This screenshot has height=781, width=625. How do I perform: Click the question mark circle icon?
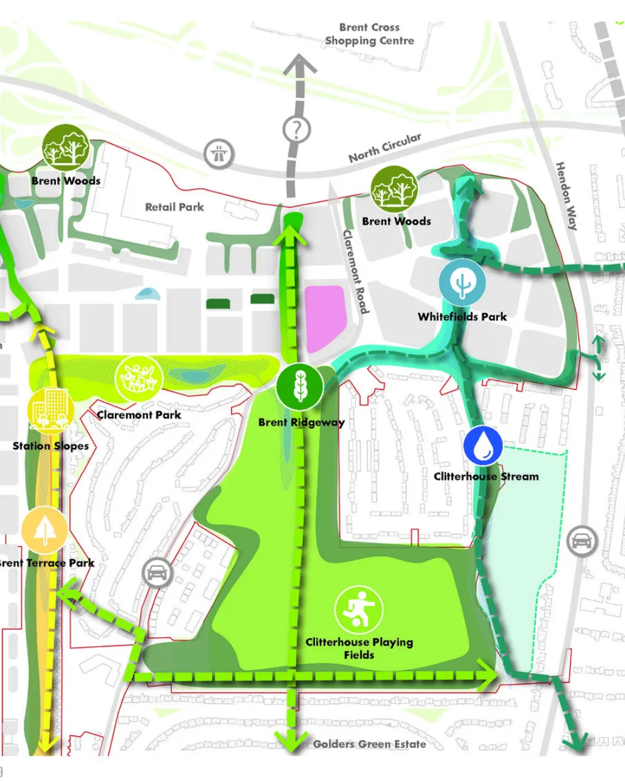(x=296, y=130)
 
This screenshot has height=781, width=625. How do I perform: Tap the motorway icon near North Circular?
(x=219, y=152)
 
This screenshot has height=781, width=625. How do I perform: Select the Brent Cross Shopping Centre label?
(x=370, y=34)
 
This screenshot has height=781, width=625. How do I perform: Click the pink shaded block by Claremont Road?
(x=325, y=317)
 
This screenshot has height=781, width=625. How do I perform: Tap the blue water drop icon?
(x=483, y=445)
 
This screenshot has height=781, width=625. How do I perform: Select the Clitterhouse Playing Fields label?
(x=359, y=648)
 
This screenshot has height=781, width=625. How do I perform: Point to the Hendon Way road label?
(x=566, y=196)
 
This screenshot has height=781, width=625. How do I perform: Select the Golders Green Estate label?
(x=369, y=744)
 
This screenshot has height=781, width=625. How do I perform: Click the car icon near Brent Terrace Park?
(x=157, y=572)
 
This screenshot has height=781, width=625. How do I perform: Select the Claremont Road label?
(x=355, y=272)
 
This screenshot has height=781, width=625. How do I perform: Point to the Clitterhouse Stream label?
(x=486, y=476)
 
